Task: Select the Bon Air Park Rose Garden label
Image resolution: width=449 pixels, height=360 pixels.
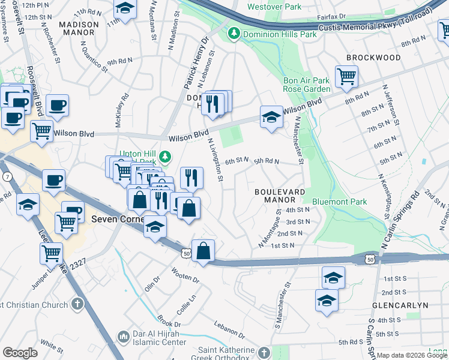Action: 307,85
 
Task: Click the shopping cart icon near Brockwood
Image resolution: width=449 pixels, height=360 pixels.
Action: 346,76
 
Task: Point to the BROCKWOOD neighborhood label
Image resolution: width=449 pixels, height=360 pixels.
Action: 373,58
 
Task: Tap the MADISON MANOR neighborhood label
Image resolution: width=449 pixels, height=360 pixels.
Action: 79,28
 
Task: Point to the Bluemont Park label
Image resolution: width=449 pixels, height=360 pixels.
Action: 339,202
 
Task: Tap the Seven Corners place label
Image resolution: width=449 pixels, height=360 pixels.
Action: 115,220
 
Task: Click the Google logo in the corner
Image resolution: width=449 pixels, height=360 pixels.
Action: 20,353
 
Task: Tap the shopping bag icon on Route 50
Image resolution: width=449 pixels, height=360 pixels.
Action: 203,251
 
